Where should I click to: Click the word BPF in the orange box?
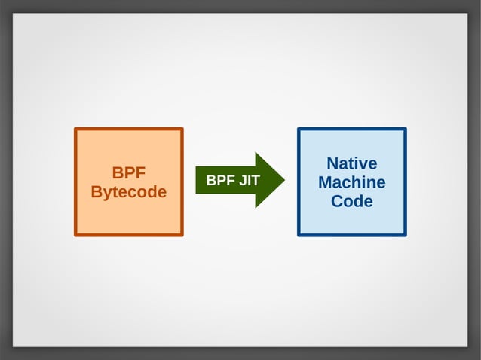tap(128, 172)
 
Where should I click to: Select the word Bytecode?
tap(128, 192)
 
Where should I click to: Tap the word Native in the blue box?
tap(351, 163)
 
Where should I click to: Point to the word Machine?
tap(351, 182)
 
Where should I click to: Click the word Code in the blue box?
tap(351, 201)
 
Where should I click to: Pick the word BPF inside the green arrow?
tap(220, 181)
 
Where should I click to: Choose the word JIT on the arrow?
tap(248, 181)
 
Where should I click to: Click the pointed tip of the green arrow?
tap(283, 180)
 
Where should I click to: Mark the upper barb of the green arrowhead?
tap(256, 154)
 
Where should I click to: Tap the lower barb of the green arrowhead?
tap(256, 206)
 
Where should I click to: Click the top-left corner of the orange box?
tap(75, 129)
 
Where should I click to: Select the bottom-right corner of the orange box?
tap(182, 235)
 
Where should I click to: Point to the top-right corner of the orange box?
tap(182, 129)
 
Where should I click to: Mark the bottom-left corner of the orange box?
tap(75, 235)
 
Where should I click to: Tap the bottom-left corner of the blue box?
tap(299, 235)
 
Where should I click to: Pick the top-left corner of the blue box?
tap(299, 129)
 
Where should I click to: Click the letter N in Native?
tap(332, 163)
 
